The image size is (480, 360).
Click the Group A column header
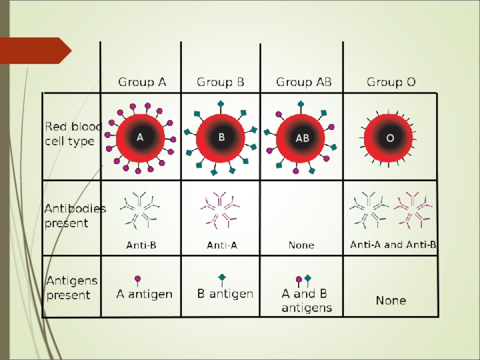(142, 82)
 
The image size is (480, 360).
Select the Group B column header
(221, 82)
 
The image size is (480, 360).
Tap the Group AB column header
(304, 82)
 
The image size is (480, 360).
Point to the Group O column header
(391, 82)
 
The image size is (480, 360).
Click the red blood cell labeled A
(140, 137)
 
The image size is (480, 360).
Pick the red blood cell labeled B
(221, 137)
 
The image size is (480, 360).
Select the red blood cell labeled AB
(302, 138)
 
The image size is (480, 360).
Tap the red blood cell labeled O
(389, 138)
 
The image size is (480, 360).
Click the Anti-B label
(141, 245)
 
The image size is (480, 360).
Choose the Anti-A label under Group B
(222, 245)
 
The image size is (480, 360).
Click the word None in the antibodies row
(301, 245)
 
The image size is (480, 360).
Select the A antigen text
(144, 294)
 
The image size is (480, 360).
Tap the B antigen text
(226, 294)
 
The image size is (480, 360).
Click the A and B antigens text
(307, 301)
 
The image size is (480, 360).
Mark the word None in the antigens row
(391, 300)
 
